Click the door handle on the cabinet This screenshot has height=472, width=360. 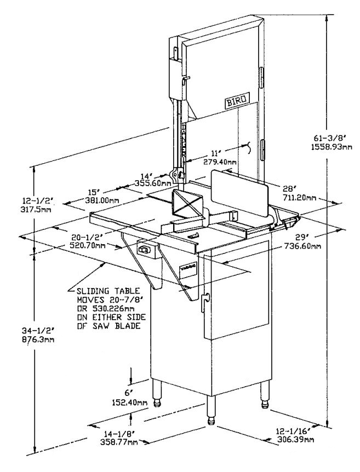pyautogui.click(x=206, y=301)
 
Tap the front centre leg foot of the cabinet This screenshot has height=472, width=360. pyautogui.click(x=210, y=421)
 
